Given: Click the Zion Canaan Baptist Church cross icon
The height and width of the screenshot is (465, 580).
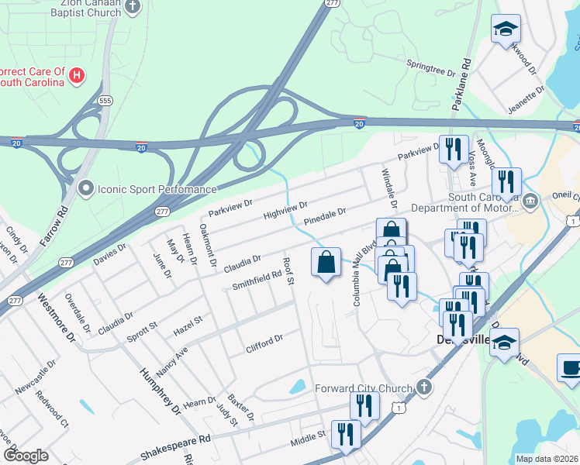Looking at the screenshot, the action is tap(133, 7).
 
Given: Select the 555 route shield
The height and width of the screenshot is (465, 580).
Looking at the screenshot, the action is tap(105, 101).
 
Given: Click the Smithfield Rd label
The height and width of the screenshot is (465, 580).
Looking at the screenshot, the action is tap(257, 281).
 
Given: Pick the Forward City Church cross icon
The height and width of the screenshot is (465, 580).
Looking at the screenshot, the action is tap(423, 387).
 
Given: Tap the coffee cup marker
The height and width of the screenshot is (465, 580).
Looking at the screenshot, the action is tap(570, 368).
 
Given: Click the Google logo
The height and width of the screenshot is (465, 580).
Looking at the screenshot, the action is tap(26, 456).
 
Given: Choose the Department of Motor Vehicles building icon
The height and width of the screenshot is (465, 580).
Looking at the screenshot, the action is tap(530, 202).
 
